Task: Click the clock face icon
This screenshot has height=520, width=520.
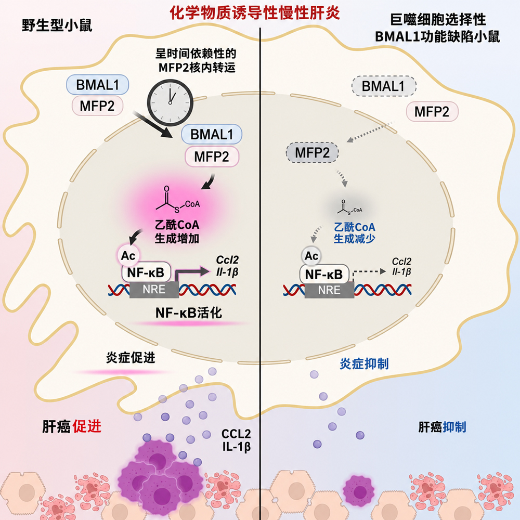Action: coord(170,102)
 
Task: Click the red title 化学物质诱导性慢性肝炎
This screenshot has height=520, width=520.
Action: coord(255,14)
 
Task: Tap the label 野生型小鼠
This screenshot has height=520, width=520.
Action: coord(57,25)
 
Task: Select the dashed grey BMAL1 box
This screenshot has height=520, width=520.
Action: coord(384,86)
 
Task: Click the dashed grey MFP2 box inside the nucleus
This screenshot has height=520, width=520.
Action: coord(312,153)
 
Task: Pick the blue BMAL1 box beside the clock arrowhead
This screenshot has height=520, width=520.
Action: coord(212,134)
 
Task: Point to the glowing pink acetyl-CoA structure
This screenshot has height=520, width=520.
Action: coord(178,200)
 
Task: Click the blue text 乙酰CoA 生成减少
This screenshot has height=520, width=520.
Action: coord(354,233)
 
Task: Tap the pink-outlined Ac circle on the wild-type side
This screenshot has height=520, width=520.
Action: coord(128,256)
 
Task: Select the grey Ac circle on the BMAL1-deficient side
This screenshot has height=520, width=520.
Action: coord(311,256)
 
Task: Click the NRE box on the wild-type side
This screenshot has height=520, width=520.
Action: coord(154,290)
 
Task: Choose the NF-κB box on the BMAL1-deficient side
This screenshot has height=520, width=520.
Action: coord(324,274)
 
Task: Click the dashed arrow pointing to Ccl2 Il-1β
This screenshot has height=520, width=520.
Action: coord(368,271)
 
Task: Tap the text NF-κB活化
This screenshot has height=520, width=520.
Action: coord(188,313)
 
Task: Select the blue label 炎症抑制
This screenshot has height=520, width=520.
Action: coord(364,364)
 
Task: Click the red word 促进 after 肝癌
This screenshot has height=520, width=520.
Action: coord(87,426)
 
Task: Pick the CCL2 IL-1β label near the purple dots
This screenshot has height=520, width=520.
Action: coord(236,440)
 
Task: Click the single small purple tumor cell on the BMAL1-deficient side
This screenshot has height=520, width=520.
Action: coord(358,491)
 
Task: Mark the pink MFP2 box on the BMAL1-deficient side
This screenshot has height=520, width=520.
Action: coord(432,112)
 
